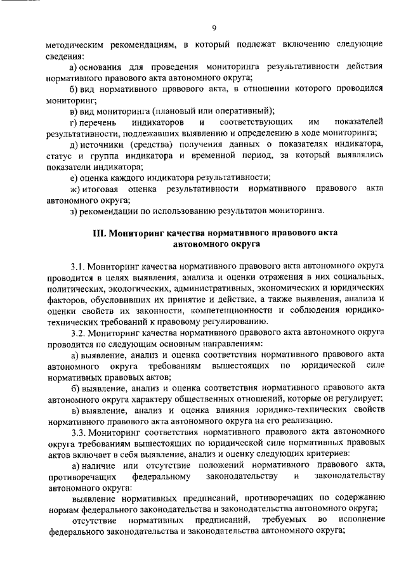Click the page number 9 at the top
point(214,27)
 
